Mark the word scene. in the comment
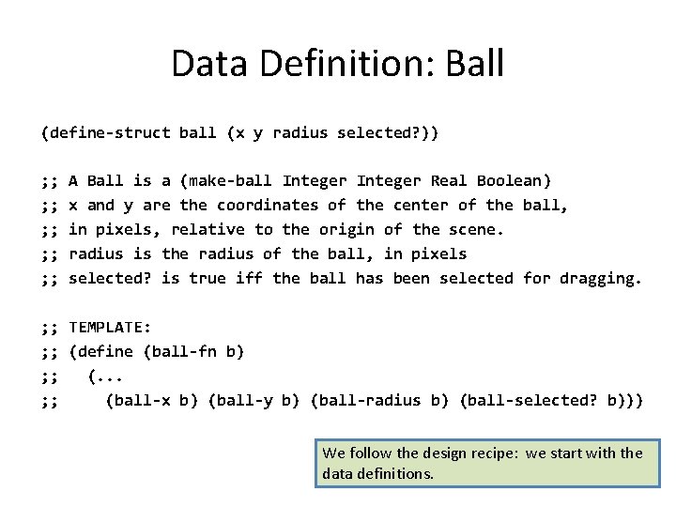[x=476, y=229]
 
